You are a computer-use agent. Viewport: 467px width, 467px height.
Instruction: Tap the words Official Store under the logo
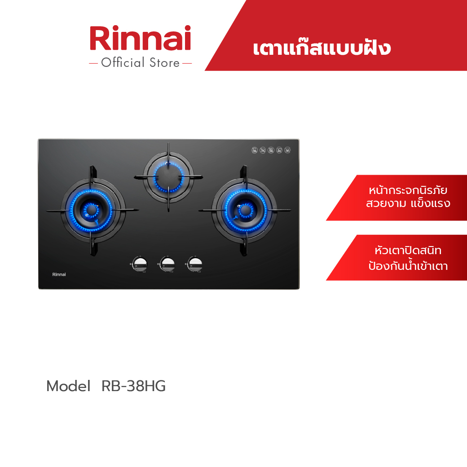[x=140, y=63]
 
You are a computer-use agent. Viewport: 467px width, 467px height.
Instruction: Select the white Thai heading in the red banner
[x=321, y=48]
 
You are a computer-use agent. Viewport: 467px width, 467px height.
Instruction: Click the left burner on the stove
[x=92, y=210]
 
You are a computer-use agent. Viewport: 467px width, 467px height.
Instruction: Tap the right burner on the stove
[x=245, y=210]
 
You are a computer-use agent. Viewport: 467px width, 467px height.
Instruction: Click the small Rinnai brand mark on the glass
[x=59, y=274]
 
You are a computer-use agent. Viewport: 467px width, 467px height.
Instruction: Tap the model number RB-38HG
[x=134, y=386]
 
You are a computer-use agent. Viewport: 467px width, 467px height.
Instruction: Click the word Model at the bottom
[x=68, y=386]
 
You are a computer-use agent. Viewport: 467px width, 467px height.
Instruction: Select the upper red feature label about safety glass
[x=402, y=198]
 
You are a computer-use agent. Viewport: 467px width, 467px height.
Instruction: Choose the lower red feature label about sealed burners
[x=402, y=258]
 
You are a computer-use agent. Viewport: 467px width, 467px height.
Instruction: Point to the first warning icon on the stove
[x=254, y=150]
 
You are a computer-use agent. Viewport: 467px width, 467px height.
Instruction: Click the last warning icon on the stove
[x=287, y=150]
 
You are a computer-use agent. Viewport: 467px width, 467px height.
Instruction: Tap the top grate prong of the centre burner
[x=168, y=149]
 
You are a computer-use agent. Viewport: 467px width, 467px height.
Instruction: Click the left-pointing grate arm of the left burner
[x=56, y=210]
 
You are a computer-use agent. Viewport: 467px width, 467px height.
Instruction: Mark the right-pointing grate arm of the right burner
[x=281, y=210]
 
